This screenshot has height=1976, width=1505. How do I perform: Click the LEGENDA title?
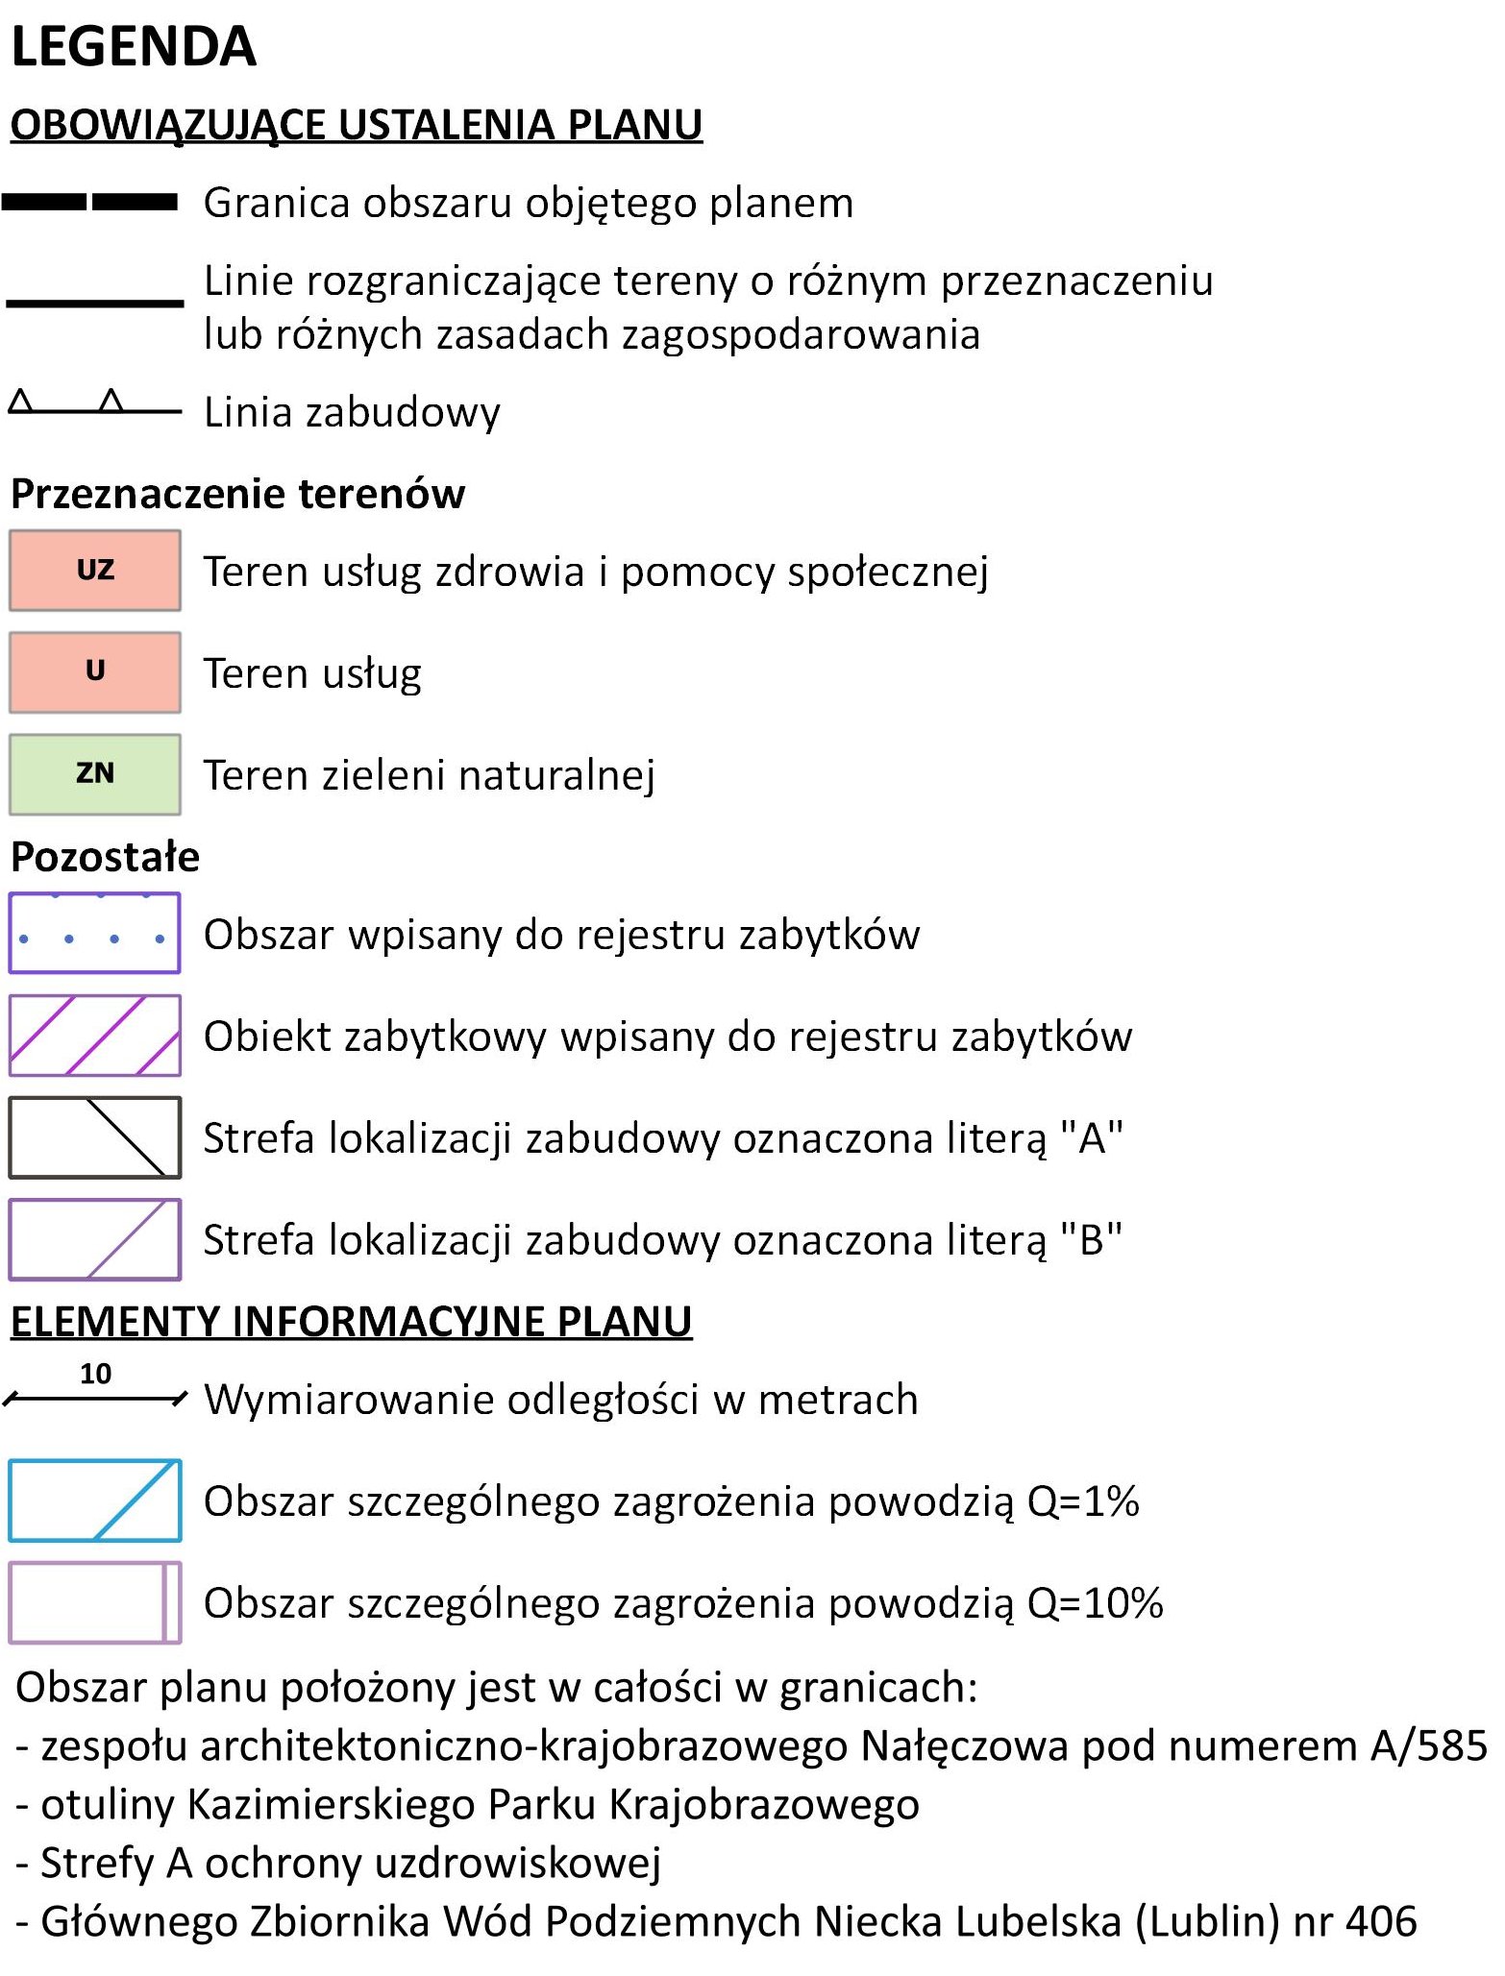tap(134, 46)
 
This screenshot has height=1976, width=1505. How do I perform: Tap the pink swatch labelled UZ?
tap(95, 571)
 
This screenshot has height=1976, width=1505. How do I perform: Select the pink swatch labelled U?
tap(95, 672)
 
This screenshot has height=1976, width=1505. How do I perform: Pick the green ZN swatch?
tap(95, 774)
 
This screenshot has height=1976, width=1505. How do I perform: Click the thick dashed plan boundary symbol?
tap(90, 202)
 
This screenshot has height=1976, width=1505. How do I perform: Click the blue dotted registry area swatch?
tap(95, 934)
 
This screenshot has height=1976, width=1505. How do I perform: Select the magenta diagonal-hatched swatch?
tap(95, 1036)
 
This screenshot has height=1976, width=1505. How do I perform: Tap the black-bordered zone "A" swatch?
tap(95, 1137)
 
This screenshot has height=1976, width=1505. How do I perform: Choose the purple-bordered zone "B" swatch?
tap(95, 1239)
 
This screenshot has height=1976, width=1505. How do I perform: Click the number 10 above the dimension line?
tap(95, 1375)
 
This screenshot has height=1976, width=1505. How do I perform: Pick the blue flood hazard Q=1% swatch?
tap(95, 1500)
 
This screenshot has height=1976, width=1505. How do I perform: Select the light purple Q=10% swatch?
tap(95, 1602)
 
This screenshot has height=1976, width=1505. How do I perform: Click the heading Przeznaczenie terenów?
tap(237, 494)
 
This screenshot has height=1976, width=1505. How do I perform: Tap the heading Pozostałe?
tap(105, 857)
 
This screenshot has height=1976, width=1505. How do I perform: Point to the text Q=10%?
tap(1095, 1603)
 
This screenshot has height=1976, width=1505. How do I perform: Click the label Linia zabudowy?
tap(352, 412)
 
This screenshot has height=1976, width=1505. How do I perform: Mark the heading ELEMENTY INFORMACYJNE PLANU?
tap(351, 1322)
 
